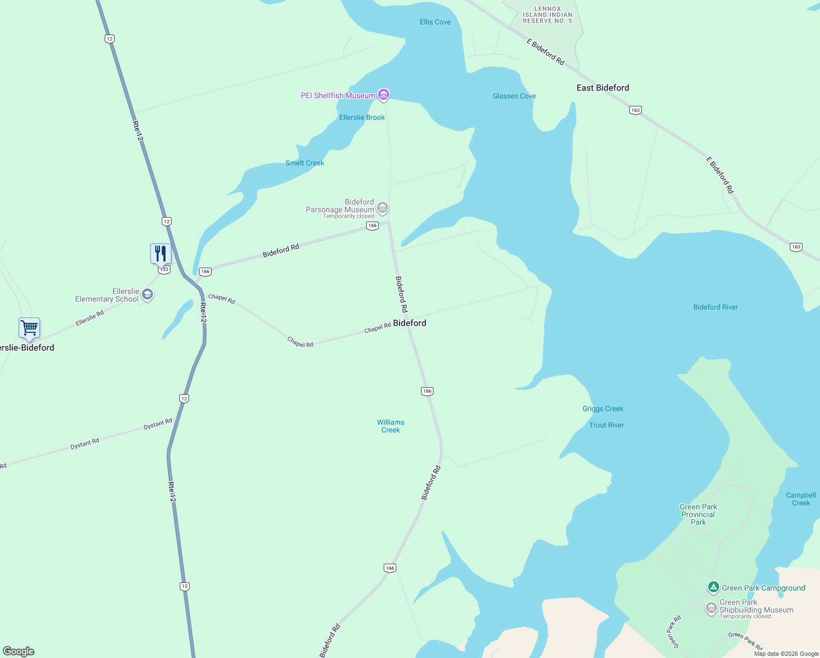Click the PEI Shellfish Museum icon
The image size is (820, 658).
point(384,95)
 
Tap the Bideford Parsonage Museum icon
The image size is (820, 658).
point(383,208)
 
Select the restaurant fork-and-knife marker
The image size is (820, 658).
point(161,254)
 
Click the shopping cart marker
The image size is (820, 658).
point(30,328)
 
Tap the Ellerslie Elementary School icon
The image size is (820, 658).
point(147,295)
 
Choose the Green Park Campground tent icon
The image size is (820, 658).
point(713,588)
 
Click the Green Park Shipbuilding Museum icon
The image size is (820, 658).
point(711,608)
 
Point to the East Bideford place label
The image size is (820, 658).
point(602,88)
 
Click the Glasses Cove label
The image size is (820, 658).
point(514,96)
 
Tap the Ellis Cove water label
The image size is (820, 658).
point(435,22)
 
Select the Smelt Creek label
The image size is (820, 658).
point(305,163)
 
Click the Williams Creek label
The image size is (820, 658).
point(391,426)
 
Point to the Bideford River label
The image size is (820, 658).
point(715,307)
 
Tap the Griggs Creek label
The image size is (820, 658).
point(603,409)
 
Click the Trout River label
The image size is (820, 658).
point(606,425)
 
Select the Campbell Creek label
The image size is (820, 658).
point(801,499)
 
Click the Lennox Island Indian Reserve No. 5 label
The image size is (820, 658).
point(547,15)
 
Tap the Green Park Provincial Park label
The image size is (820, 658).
point(698,514)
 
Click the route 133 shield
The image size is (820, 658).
point(163,270)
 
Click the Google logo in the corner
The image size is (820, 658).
point(19,651)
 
